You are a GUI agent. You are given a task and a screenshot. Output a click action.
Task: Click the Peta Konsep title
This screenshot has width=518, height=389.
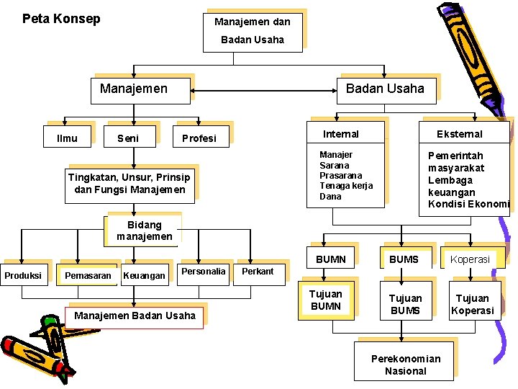(x=61, y=19)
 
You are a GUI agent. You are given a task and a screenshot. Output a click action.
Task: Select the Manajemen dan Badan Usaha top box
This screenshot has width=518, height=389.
(x=253, y=30)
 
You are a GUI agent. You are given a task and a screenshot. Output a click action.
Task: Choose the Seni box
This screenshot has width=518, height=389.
(x=128, y=138)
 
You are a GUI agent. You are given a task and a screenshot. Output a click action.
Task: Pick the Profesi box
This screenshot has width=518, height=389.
(x=199, y=138)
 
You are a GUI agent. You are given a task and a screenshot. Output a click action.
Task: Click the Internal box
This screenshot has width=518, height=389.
(x=341, y=134)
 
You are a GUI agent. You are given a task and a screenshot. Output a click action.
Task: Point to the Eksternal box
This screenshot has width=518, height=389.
(x=460, y=134)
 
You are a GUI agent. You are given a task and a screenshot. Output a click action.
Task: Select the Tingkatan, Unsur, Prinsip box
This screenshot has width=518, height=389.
(x=129, y=184)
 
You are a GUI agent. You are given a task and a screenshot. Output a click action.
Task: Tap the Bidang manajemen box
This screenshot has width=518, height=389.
(x=145, y=231)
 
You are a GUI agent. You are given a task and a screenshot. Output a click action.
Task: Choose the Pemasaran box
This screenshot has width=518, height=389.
(x=88, y=275)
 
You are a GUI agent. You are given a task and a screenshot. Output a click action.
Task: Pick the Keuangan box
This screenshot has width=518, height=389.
(x=145, y=275)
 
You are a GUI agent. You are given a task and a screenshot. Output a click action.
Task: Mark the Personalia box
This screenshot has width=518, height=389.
(x=204, y=272)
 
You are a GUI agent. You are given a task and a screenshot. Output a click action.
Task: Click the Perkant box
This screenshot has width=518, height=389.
(x=258, y=272)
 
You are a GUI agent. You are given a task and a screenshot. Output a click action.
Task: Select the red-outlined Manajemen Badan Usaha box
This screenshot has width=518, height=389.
(x=135, y=316)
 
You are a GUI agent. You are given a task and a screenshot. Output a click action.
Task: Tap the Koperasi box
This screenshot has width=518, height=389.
(x=471, y=259)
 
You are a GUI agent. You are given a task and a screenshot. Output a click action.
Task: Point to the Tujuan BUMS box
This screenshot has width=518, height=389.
(x=405, y=304)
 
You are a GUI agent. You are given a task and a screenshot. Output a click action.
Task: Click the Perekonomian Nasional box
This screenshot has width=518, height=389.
(x=406, y=365)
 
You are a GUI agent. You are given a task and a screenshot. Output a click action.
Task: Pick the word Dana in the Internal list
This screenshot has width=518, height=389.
(x=330, y=196)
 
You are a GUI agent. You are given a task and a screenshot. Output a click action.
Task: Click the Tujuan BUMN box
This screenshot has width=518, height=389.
(x=326, y=300)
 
